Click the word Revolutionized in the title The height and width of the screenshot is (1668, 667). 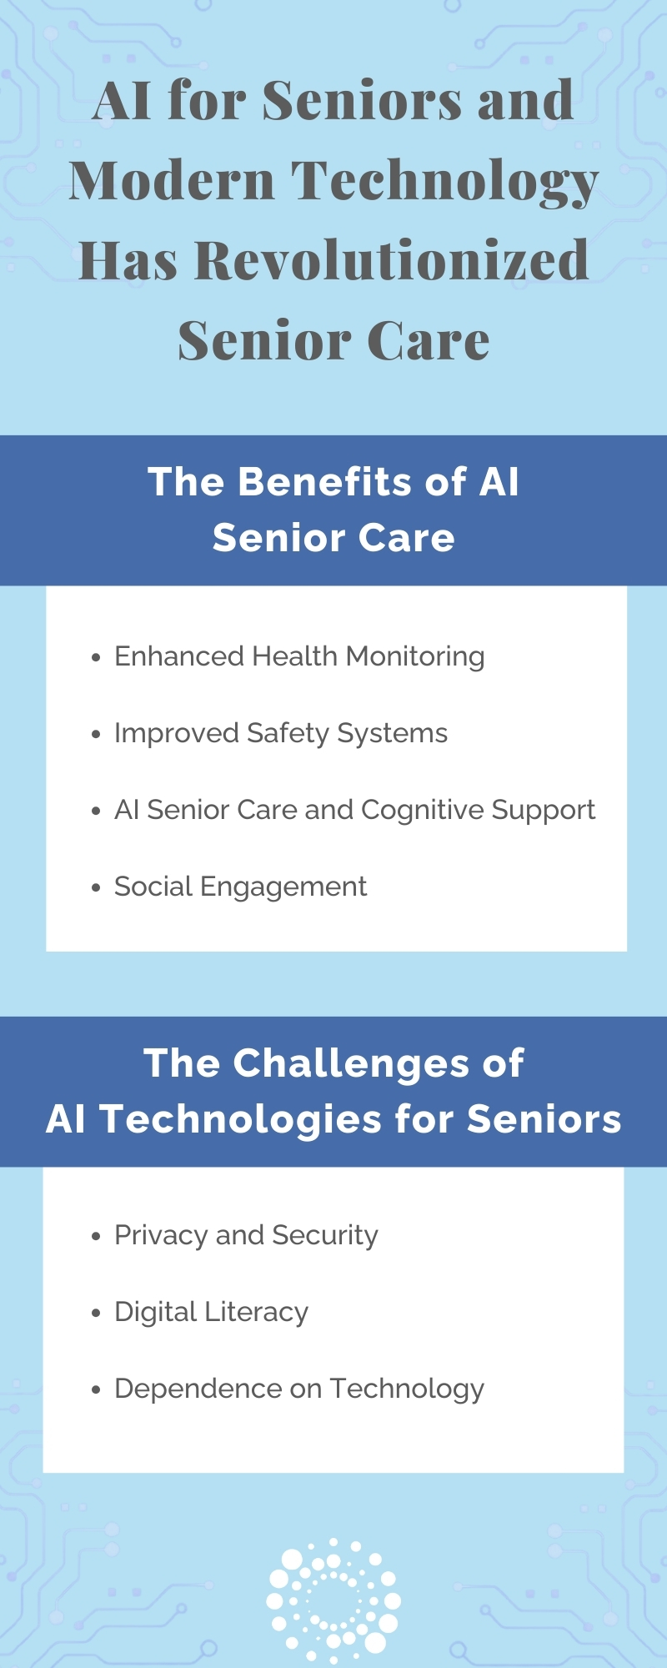tap(392, 259)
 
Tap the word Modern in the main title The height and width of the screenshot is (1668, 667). tap(172, 180)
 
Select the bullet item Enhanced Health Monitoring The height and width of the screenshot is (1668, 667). tap(299, 657)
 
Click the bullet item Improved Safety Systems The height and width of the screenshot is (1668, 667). tap(281, 734)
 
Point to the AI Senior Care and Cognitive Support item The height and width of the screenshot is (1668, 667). tap(354, 811)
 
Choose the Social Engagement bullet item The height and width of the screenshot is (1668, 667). tap(240, 887)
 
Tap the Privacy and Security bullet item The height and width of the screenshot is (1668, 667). tap(246, 1235)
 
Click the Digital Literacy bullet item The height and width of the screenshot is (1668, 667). tap(211, 1312)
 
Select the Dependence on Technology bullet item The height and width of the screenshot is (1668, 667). tap(299, 1389)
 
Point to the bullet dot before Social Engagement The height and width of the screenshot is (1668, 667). tap(96, 888)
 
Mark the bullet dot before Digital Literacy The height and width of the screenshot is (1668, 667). tap(96, 1313)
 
